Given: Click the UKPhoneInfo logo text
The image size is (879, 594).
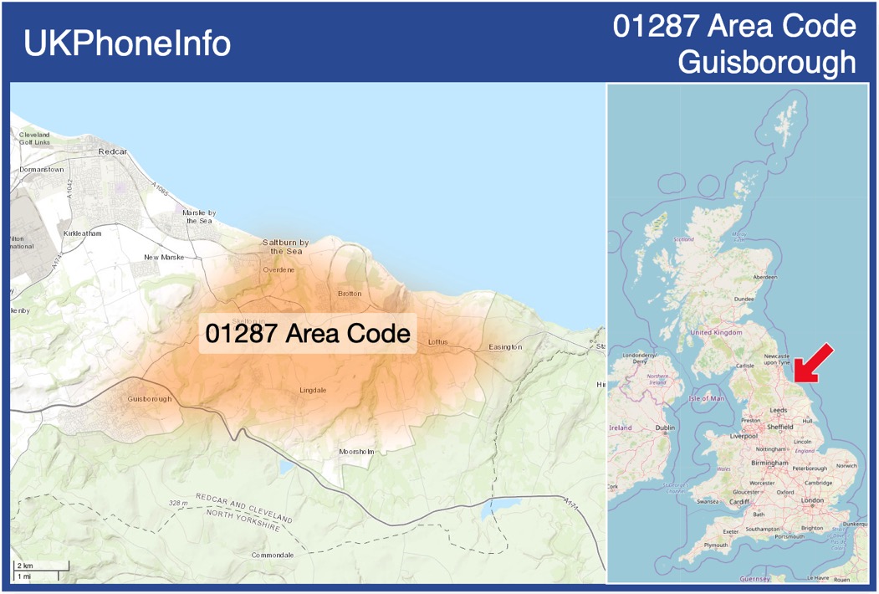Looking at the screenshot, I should coord(127,44).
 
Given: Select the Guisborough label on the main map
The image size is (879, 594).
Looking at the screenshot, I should coord(150,399).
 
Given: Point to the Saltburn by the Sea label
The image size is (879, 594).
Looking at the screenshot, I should coord(286,247).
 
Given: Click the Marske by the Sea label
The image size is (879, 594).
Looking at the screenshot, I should coord(199,217).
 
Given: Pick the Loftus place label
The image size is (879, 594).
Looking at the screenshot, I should coord(438,342).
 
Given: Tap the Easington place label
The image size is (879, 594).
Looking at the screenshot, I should coord(505,347).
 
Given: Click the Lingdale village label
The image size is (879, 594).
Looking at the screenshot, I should coord(314,391).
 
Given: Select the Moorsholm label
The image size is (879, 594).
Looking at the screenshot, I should coord(356,452).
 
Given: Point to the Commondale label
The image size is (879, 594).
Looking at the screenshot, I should coord(273,556).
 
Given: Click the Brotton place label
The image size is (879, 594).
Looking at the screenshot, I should coord(350,294).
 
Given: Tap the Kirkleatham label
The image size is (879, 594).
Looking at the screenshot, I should coord(82,233).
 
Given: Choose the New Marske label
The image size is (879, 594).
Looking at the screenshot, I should coord(163,258).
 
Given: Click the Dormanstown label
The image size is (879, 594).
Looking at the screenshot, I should coord(42,170).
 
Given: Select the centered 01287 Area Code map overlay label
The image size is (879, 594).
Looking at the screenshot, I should coord(308,333).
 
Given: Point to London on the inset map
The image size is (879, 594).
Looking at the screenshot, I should coord(812,500).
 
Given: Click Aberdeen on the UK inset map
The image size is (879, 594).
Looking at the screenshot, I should coord(764,277).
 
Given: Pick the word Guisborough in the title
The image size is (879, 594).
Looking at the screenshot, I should coord(767,63).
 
